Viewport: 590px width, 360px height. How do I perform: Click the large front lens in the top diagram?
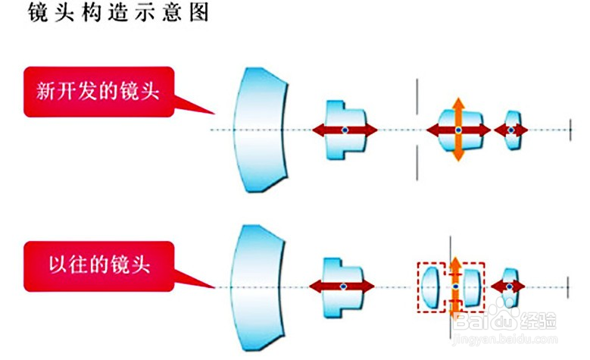258,130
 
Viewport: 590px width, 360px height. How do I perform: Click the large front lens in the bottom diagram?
258,286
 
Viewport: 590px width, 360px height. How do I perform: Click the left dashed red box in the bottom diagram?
432,286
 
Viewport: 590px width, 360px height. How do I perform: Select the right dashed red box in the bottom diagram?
471,286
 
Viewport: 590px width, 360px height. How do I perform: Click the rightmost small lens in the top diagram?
513,130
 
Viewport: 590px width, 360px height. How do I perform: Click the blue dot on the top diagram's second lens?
345,130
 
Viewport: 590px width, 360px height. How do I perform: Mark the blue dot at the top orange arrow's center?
457,130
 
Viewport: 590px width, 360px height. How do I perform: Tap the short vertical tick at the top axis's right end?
570,130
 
